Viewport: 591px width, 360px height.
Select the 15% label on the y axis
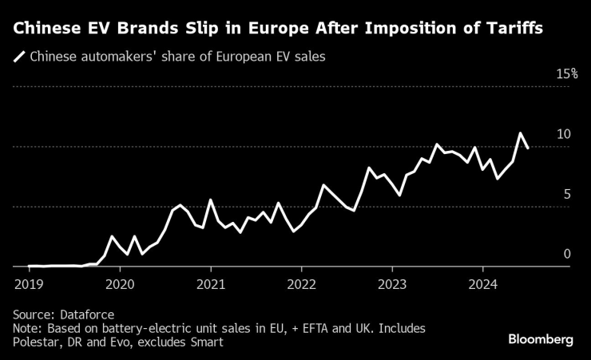coord(566,74)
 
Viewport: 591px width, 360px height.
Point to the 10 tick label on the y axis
coord(564,134)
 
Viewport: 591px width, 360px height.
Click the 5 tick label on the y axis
coord(567,194)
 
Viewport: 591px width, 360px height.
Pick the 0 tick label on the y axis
coord(567,254)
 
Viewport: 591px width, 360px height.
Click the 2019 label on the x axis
coord(29,283)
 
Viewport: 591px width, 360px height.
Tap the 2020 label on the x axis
coord(120,283)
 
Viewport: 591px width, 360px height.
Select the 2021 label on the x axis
coord(211,283)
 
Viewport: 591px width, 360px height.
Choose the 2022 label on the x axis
coord(302,283)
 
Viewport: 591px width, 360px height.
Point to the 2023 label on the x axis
coord(392,283)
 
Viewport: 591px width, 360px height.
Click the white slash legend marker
coord(19,57)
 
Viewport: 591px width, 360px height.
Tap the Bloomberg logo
coord(541,340)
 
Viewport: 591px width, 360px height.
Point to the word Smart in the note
coord(204,342)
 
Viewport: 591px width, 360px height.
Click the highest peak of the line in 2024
coord(520,133)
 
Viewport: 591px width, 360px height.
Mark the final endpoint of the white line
coord(528,148)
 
